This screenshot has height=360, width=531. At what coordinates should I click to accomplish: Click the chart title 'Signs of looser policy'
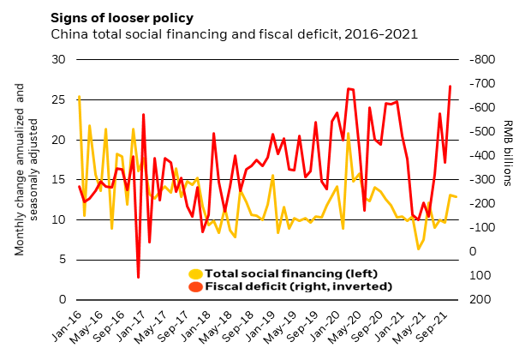pos(122,18)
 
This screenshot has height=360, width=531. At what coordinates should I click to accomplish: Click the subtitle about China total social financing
pos(234,34)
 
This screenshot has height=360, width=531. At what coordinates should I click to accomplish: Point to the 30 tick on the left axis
pos(59,60)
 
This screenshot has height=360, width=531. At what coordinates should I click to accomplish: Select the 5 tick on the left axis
pos(63,260)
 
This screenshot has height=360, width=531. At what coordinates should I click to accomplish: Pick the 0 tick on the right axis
pos(473,251)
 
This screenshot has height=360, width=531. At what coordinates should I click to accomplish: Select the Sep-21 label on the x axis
pos(441,325)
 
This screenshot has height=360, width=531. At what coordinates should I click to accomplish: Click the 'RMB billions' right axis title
pos(507,153)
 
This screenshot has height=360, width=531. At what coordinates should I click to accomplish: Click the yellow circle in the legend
pos(196,273)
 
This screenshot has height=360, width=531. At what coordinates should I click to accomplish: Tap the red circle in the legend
pos(196,286)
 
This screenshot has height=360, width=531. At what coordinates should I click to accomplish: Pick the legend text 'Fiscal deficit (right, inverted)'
pos(284,286)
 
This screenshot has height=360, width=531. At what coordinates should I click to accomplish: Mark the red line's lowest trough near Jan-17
pos(139,277)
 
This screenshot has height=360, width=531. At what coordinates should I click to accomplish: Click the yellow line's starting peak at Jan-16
pos(79,97)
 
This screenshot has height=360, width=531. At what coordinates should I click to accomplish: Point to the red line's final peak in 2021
pos(450,86)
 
